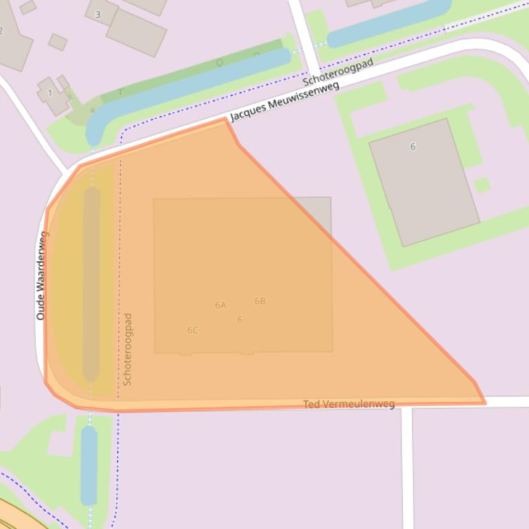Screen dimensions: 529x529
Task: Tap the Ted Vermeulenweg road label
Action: [349, 404]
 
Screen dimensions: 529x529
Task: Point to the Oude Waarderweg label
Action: [42, 275]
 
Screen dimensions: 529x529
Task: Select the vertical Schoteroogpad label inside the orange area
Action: [127, 349]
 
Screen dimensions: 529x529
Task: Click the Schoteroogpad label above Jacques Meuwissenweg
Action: [338, 73]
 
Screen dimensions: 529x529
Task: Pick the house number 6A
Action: [221, 305]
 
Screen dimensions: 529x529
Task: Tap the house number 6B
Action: [260, 301]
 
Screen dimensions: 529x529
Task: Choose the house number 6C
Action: [192, 330]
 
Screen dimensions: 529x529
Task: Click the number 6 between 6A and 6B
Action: [240, 319]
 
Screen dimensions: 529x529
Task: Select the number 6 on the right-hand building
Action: [413, 146]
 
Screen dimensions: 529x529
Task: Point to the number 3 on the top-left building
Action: [98, 14]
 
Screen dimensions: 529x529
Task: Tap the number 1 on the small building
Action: [49, 93]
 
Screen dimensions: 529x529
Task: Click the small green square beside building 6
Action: [482, 185]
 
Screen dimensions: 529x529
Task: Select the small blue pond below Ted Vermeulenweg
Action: [89, 465]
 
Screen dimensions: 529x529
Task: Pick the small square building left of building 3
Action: [58, 42]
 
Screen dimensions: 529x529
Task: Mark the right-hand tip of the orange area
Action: [484, 403]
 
